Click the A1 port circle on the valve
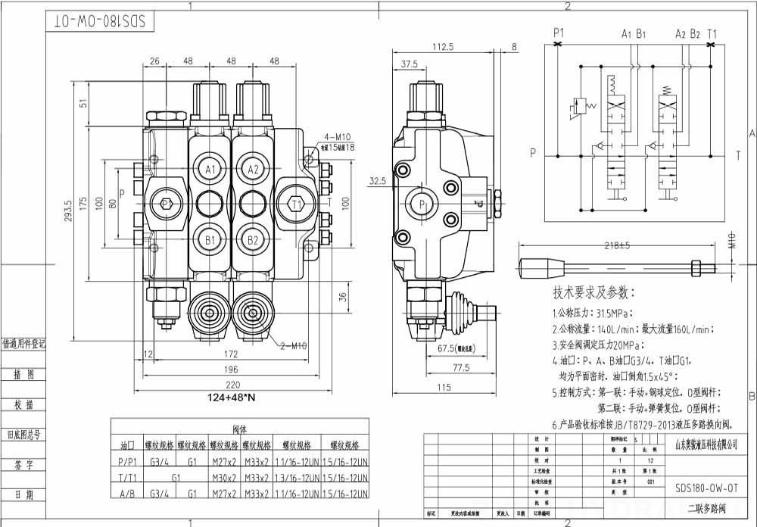pos(210,168)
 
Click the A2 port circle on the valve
pos(254,168)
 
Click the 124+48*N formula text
pos(230,398)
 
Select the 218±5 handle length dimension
pos(618,246)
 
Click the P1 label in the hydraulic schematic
pos(559,33)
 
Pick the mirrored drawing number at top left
pos(99,20)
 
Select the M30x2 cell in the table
pos(223,478)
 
